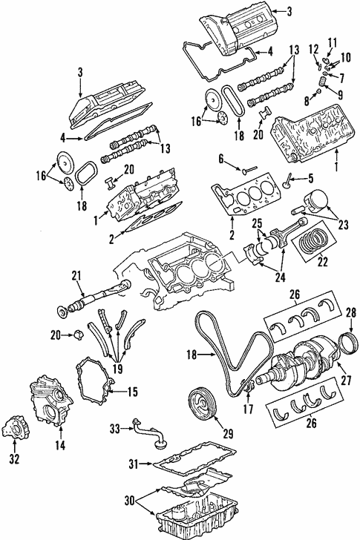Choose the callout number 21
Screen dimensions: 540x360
(76, 276)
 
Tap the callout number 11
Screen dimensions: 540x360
(332, 42)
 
